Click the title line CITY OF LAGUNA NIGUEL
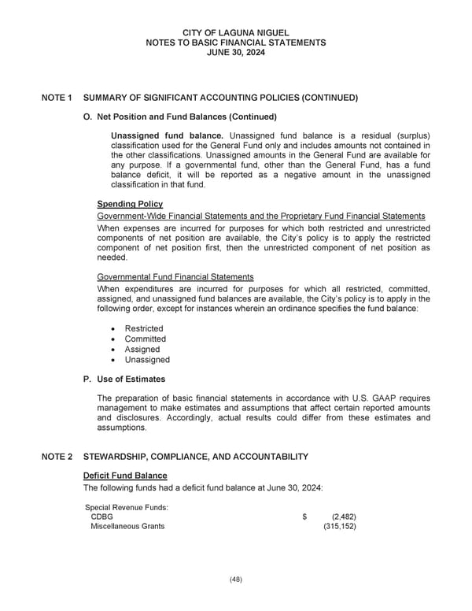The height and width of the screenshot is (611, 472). pyautogui.click(x=236, y=31)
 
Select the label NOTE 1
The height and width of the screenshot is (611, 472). pyautogui.click(x=57, y=98)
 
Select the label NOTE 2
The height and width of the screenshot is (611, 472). pyautogui.click(x=57, y=457)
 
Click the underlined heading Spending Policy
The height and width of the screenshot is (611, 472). pyautogui.click(x=129, y=204)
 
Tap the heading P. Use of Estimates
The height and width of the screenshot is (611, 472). pyautogui.click(x=124, y=380)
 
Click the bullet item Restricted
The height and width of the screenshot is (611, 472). pyautogui.click(x=144, y=328)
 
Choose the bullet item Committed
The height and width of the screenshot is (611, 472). pyautogui.click(x=146, y=339)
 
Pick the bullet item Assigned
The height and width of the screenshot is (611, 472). pyautogui.click(x=142, y=349)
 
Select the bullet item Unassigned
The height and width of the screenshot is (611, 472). pyautogui.click(x=147, y=360)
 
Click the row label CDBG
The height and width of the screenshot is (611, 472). pyautogui.click(x=101, y=517)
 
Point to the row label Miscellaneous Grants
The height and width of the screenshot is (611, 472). pyautogui.click(x=127, y=527)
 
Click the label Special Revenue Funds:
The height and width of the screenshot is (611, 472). pyautogui.click(x=127, y=506)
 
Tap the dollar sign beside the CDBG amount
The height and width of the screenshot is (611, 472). pyautogui.click(x=304, y=517)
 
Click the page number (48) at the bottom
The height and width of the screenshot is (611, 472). pyautogui.click(x=236, y=580)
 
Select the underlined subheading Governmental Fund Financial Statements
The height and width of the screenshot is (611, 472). pyautogui.click(x=175, y=277)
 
